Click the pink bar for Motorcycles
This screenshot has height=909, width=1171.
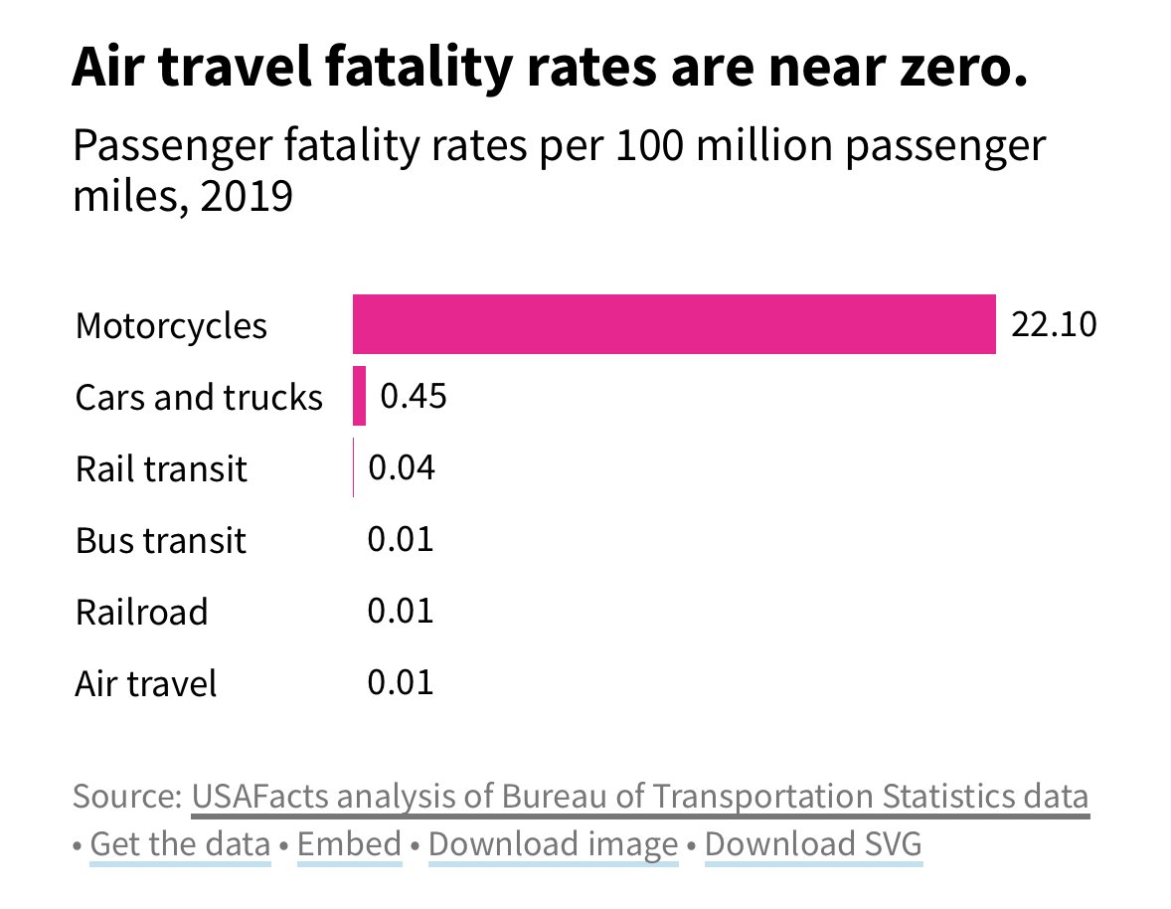click(674, 324)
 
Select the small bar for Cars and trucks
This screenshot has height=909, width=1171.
click(359, 396)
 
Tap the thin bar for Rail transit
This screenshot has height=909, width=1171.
click(353, 467)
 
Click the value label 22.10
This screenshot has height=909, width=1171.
click(1054, 324)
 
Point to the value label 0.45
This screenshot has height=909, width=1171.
click(415, 396)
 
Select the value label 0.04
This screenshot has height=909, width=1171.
click(402, 467)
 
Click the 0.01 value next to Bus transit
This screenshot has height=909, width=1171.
click(401, 540)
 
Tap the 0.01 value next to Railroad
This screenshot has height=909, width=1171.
click(401, 611)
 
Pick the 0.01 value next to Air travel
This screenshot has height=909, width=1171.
click(401, 682)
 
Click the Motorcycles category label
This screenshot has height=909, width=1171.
click(171, 326)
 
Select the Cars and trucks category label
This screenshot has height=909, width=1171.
click(199, 398)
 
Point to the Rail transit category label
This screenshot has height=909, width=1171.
click(161, 468)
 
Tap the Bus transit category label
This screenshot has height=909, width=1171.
click(160, 541)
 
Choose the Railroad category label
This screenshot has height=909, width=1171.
click(141, 613)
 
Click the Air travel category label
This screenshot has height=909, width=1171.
click(146, 684)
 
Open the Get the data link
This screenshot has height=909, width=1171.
click(180, 844)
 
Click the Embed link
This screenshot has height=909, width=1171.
click(349, 844)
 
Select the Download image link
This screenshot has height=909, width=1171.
click(553, 844)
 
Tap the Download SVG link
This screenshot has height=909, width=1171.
click(813, 844)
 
